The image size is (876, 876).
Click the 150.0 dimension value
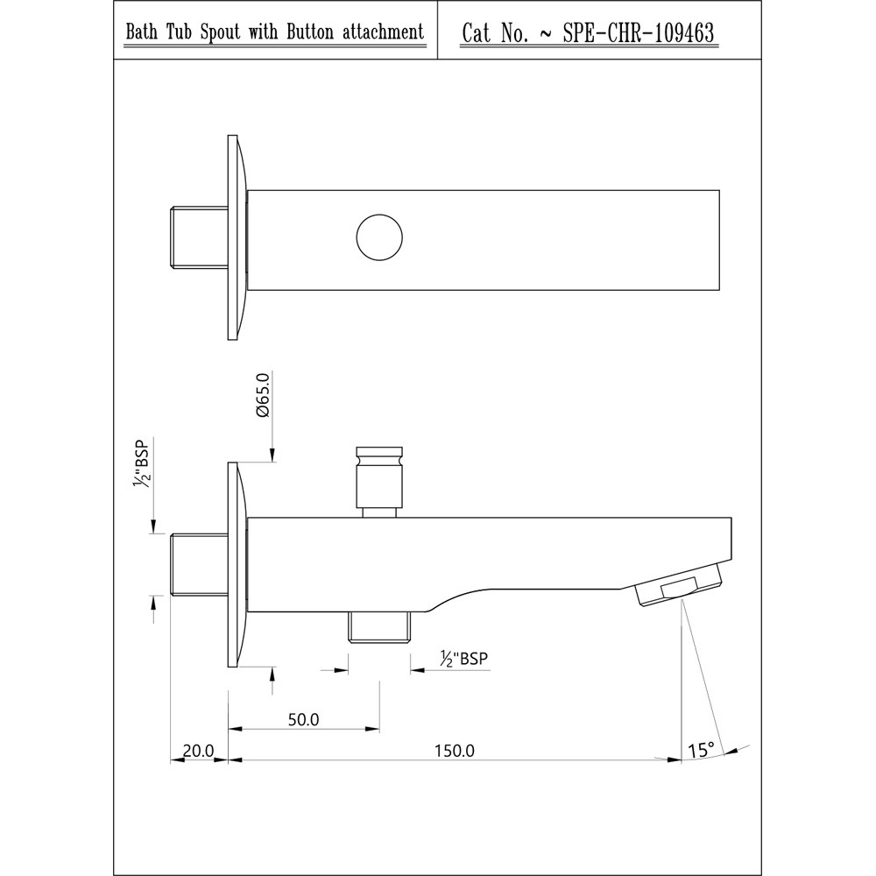(454, 751)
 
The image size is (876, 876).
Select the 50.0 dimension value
(303, 719)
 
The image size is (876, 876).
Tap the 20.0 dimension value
(198, 751)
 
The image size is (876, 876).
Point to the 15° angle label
(701, 750)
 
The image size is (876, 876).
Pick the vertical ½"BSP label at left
(141, 463)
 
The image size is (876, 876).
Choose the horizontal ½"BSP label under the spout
(463, 659)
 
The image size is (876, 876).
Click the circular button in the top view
(379, 237)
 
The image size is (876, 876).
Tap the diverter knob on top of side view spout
(379, 482)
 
